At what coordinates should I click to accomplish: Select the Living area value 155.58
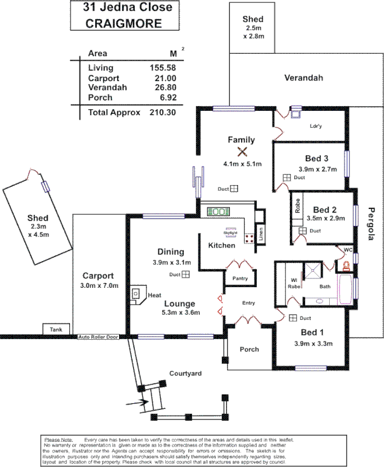point(163,68)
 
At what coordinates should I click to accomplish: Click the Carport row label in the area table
point(103,78)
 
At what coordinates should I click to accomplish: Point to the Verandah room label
point(303,78)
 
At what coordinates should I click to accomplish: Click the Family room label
point(241,140)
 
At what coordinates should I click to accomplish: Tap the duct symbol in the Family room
point(233,189)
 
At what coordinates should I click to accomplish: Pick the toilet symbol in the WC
point(346,266)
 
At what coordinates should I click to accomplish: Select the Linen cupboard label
point(260,233)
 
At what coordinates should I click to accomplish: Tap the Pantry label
point(240,278)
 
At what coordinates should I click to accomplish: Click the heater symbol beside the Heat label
point(138,294)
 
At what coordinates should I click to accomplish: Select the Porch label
point(249,349)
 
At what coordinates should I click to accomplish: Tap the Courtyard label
point(185,372)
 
